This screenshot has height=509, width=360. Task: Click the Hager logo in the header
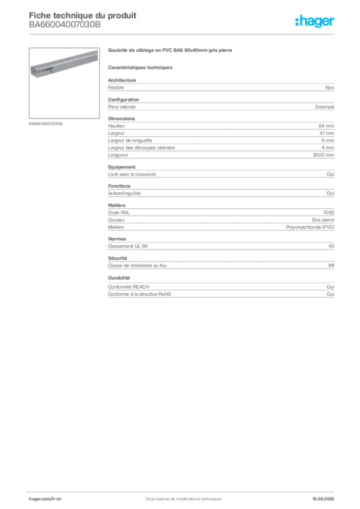click(x=315, y=21)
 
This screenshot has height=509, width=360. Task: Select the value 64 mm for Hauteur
click(x=326, y=126)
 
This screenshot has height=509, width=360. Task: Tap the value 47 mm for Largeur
click(x=327, y=133)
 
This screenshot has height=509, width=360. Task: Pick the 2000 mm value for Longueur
click(x=323, y=155)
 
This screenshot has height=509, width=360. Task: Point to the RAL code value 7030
click(x=329, y=213)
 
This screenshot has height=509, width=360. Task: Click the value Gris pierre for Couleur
click(x=323, y=220)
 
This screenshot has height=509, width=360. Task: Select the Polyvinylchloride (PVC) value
click(x=310, y=227)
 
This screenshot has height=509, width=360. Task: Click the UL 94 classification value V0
click(x=331, y=246)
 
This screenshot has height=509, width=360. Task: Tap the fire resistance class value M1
click(x=331, y=265)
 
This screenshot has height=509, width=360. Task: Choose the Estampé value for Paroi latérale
click(x=325, y=107)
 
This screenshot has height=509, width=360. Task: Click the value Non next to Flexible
click(x=330, y=87)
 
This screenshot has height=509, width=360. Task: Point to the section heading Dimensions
click(x=121, y=119)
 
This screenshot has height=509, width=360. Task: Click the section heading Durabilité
click(x=119, y=278)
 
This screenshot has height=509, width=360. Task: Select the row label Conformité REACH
click(x=129, y=287)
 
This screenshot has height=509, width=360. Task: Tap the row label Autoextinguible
click(x=124, y=193)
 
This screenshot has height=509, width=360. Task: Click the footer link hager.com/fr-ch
click(x=45, y=499)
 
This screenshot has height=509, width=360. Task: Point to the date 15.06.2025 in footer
click(x=323, y=499)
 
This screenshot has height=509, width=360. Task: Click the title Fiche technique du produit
click(x=83, y=15)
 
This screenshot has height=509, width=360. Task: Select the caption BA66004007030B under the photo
click(x=45, y=124)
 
